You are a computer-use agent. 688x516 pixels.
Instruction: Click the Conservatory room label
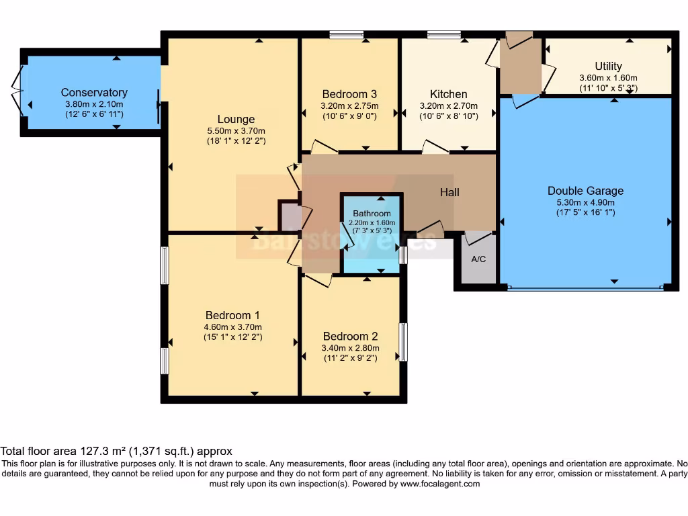(x=94, y=93)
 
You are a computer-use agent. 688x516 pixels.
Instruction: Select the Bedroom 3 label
(x=349, y=94)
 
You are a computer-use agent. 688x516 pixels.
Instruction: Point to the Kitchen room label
(x=448, y=94)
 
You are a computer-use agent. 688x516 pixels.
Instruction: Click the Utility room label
(x=608, y=66)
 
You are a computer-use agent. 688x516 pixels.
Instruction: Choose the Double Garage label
(x=585, y=191)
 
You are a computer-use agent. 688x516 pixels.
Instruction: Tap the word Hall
(x=449, y=192)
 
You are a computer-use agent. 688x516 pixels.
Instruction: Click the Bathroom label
(x=372, y=214)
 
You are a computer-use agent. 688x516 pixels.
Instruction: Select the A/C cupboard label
(x=478, y=259)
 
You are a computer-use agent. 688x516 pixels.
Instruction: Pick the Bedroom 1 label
(x=232, y=315)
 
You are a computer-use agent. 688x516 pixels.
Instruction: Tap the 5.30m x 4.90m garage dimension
(x=585, y=202)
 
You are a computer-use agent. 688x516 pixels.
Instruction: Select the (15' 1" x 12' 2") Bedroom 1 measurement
(x=232, y=337)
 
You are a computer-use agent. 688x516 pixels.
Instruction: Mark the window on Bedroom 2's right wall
(x=403, y=342)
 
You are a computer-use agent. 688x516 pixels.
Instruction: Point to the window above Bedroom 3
(x=347, y=34)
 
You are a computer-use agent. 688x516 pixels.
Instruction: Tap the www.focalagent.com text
(x=441, y=484)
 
